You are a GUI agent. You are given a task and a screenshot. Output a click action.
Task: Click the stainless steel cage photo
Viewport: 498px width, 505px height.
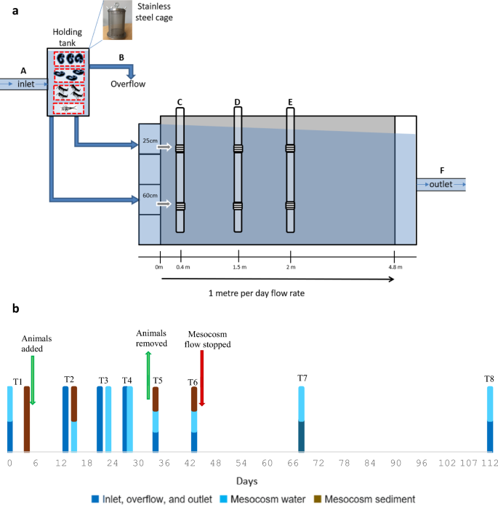pos(114,20)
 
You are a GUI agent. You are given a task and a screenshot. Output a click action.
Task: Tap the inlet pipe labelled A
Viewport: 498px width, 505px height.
pos(23,85)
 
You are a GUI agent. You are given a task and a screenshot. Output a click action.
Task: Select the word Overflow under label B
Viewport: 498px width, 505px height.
pos(128,84)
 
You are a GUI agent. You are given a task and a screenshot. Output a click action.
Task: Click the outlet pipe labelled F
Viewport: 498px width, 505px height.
pos(441,184)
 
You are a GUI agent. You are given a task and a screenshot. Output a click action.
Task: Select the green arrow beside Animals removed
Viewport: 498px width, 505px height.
pos(148,375)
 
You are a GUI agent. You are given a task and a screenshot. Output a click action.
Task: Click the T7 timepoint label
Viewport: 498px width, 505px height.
pos(302,378)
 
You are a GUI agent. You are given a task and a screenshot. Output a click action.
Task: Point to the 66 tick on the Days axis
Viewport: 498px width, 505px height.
pos(302,463)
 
